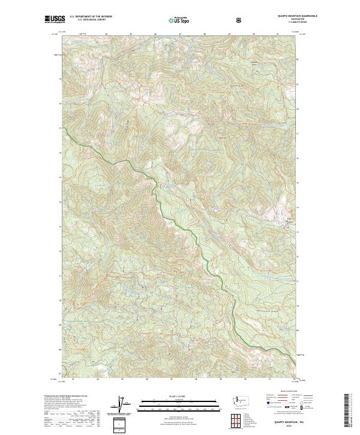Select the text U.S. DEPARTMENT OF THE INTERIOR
91,17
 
